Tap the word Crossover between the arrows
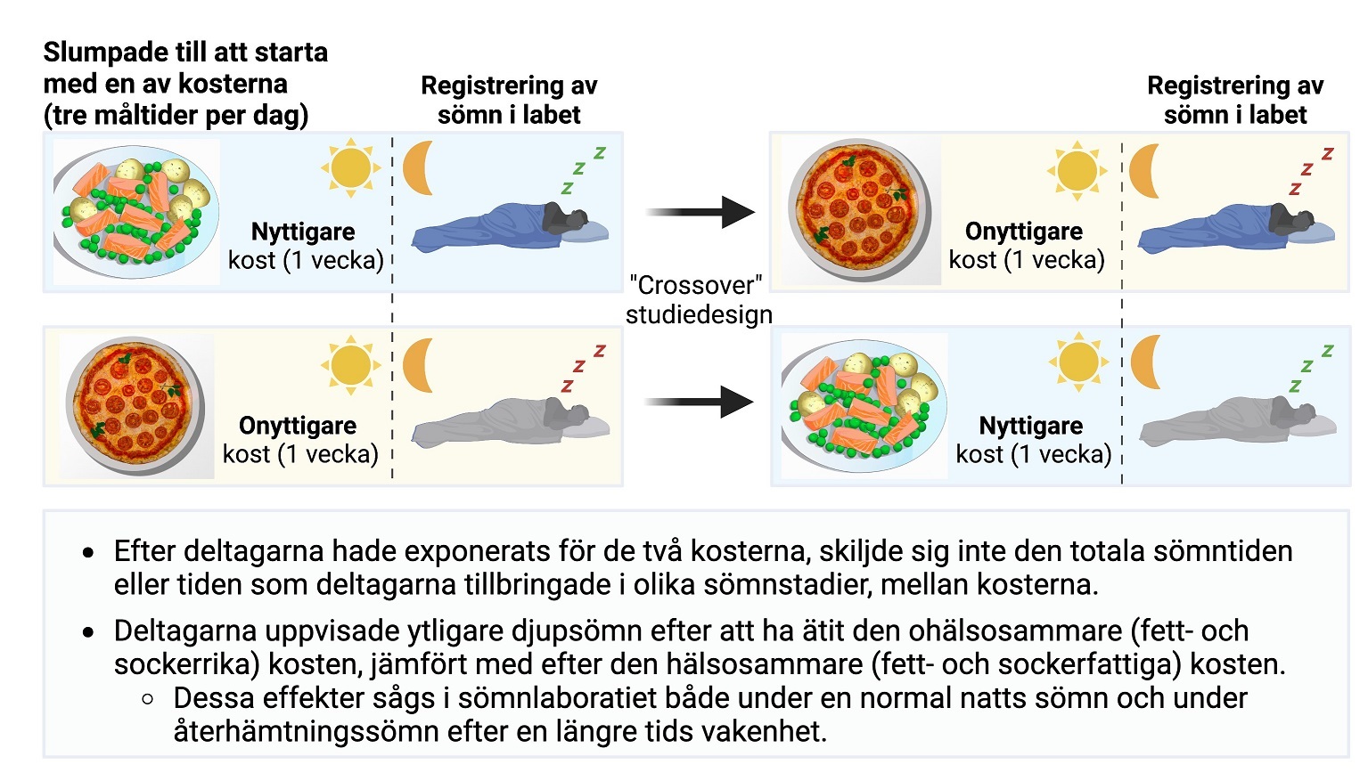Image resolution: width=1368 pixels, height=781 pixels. (x=696, y=285)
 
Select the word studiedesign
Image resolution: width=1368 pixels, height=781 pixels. (x=699, y=315)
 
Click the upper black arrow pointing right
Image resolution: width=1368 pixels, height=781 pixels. (x=700, y=212)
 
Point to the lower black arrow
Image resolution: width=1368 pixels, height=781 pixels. (x=700, y=402)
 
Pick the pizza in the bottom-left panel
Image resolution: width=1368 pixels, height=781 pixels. (x=135, y=404)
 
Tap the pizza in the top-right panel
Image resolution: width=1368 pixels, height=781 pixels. (x=859, y=209)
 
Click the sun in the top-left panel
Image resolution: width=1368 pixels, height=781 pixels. (x=350, y=167)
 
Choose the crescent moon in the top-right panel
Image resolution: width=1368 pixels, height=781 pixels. (x=1143, y=171)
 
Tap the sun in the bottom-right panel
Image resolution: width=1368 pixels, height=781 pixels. (x=1078, y=362)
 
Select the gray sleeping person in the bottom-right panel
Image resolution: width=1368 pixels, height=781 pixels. (x=1238, y=421)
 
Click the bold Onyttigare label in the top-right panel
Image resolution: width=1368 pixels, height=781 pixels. (x=1024, y=232)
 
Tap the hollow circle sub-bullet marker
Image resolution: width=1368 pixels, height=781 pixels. (x=147, y=699)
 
